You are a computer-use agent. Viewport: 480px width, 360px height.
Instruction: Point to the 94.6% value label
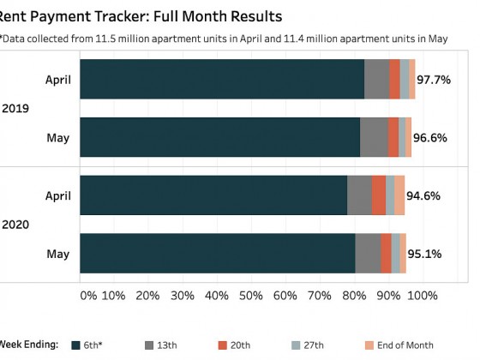[x=423, y=195]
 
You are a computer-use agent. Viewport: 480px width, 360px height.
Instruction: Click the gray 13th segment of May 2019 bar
[x=374, y=137]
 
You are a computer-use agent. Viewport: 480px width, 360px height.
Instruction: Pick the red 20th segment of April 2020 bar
[x=378, y=195]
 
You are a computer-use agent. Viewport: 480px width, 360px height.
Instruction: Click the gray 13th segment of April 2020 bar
[x=359, y=195]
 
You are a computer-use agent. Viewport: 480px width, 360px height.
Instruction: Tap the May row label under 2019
[x=57, y=137]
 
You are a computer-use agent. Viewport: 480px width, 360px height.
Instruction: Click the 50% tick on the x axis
[x=250, y=296]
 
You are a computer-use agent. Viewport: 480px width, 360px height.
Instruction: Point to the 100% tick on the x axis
[x=422, y=296]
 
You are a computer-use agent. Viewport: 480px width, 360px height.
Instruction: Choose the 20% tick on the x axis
[x=147, y=296]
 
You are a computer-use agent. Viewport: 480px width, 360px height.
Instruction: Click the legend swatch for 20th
[x=222, y=345]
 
